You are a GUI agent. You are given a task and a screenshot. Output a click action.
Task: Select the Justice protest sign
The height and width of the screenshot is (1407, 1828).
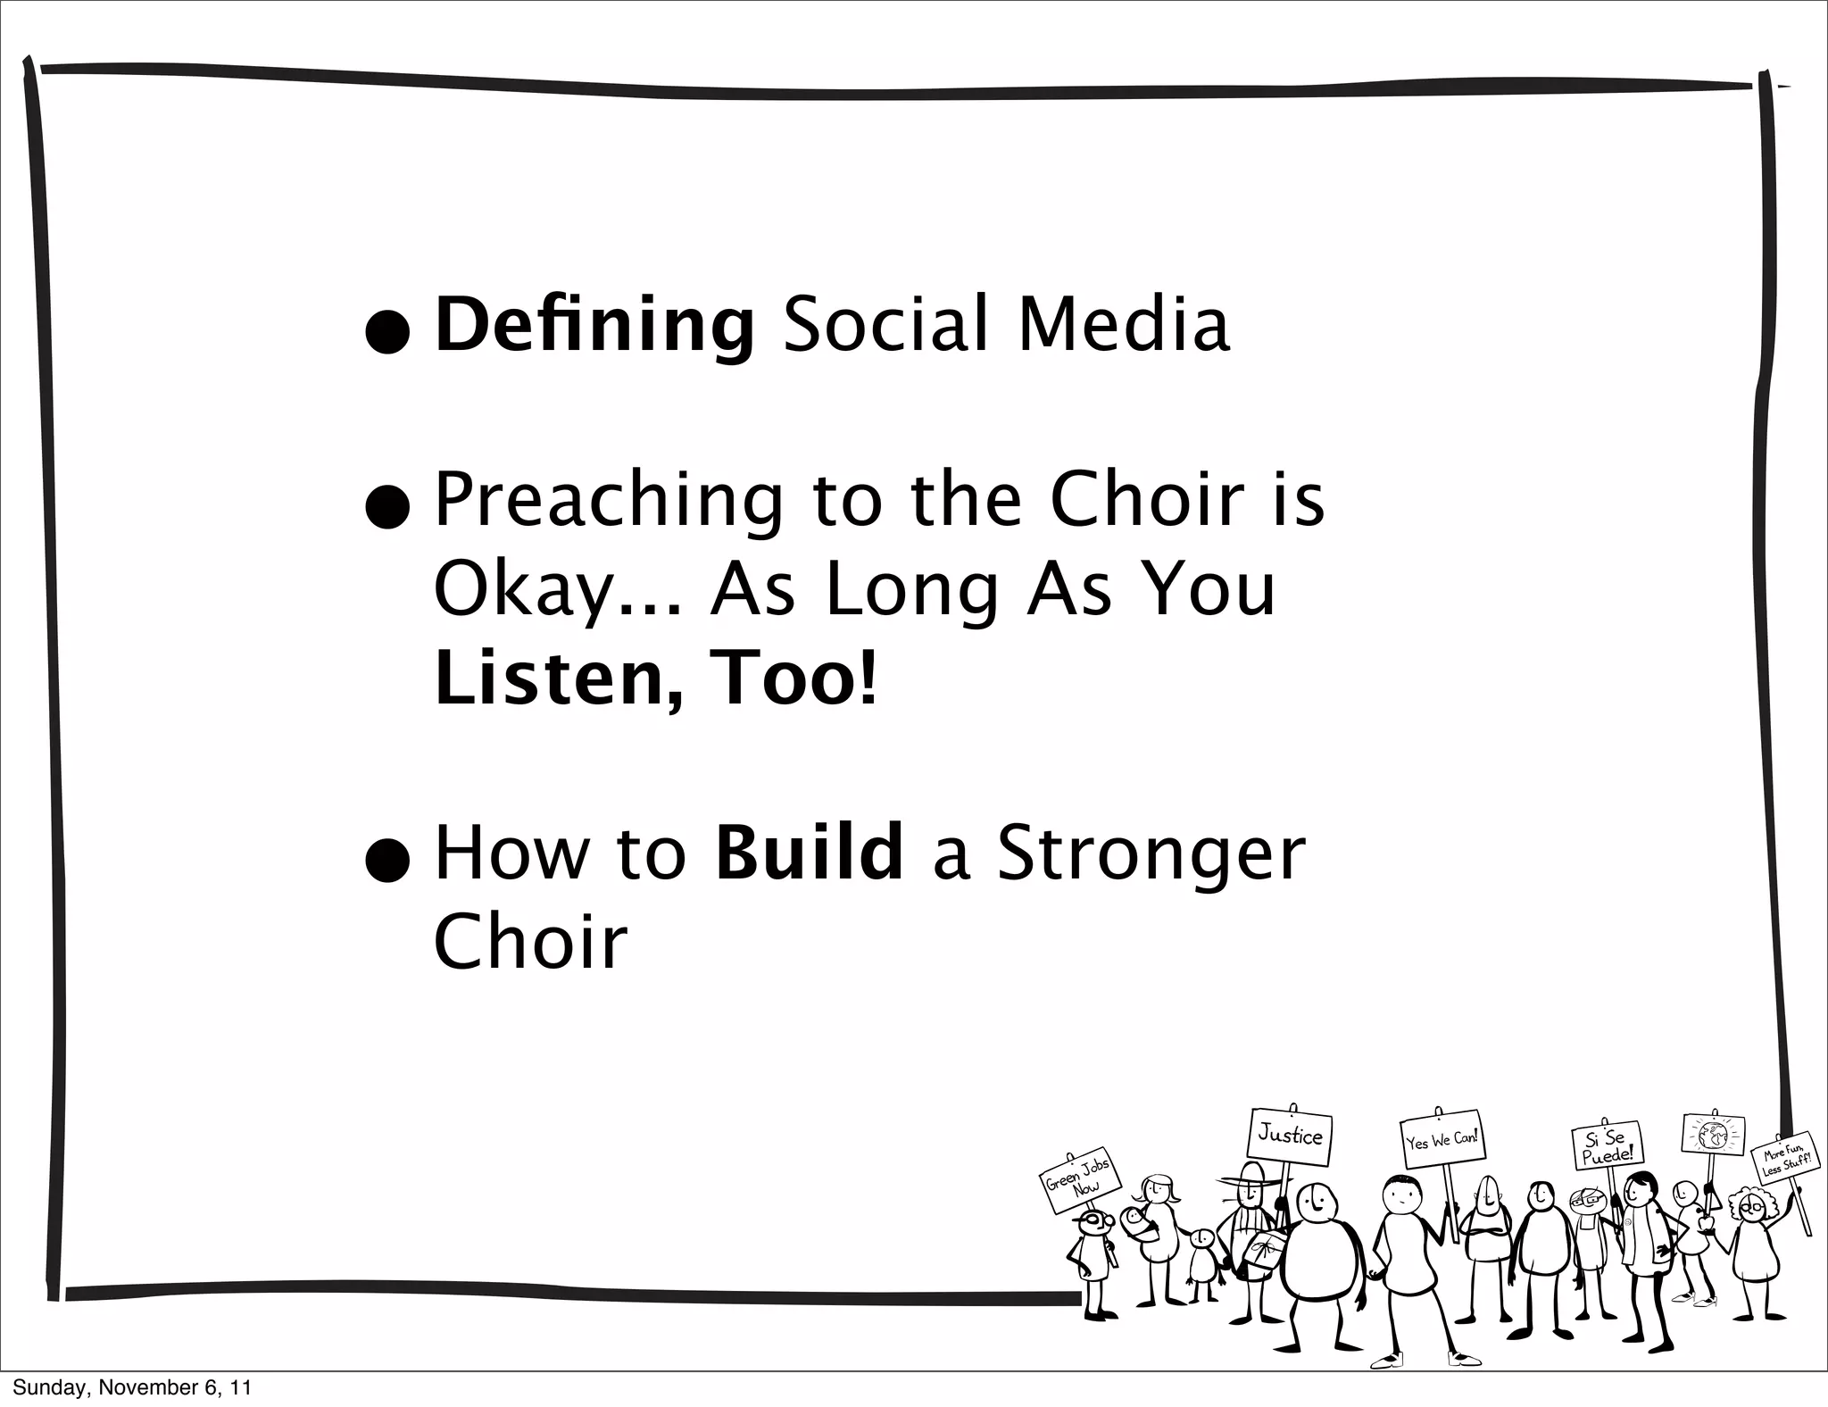point(1290,1136)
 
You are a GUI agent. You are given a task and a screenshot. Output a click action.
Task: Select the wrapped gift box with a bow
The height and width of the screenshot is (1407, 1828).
point(1260,1250)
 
